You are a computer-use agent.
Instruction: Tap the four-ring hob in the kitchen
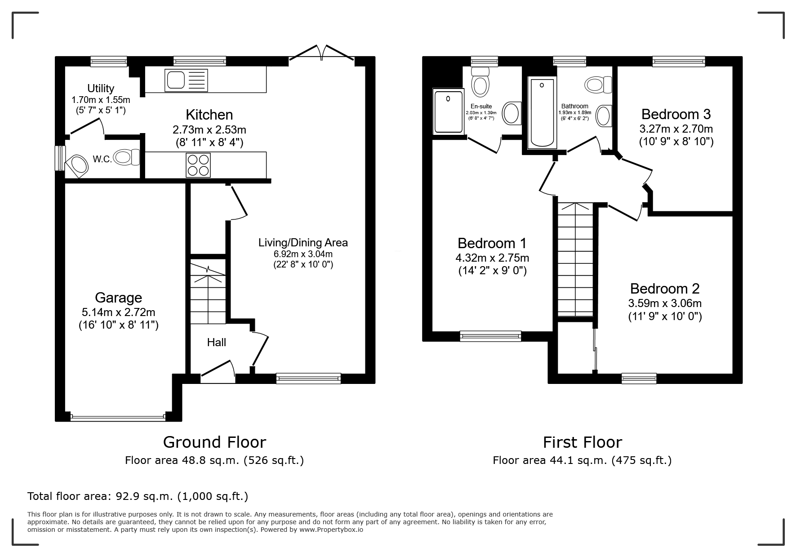tap(198, 165)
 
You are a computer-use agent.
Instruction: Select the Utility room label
tap(101, 89)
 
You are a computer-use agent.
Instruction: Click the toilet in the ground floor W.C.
tap(127, 157)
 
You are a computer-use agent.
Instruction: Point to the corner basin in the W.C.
tap(77, 165)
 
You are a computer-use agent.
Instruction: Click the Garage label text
tap(118, 298)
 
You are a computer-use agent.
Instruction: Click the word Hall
tap(216, 343)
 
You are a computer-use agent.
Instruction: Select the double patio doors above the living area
tap(321, 52)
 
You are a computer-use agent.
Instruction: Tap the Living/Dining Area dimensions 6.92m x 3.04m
tap(303, 254)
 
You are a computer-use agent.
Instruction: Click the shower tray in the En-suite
tap(448, 111)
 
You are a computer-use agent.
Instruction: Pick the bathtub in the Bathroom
tap(542, 113)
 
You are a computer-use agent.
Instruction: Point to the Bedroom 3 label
tap(676, 114)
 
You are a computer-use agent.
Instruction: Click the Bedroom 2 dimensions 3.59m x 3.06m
tap(665, 303)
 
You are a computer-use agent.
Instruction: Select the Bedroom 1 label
tap(492, 243)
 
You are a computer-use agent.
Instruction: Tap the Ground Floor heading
tap(214, 442)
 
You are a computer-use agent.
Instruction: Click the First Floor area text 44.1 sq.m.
tap(582, 460)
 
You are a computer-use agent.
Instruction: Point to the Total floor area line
tap(138, 496)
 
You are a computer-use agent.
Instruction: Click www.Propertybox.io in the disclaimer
tap(331, 530)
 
